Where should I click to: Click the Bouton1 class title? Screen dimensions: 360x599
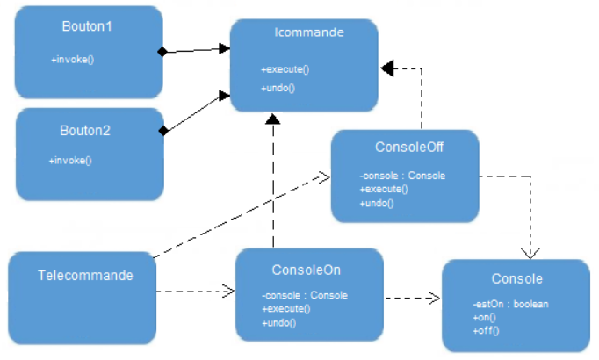coord(87,26)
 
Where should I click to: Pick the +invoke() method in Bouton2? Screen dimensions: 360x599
coord(71,160)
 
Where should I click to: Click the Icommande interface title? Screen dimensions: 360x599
coord(297,33)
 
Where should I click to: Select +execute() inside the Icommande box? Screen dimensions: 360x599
coord(285,69)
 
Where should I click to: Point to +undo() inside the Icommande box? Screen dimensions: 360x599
coord(278,88)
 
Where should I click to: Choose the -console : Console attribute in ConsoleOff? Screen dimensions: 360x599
coord(402,176)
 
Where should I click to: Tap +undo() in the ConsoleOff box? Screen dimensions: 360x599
coord(376,203)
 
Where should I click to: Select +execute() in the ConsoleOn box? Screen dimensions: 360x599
coord(286,308)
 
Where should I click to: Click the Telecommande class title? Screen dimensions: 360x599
coord(85,275)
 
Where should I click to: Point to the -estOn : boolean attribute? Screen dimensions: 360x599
coord(510,304)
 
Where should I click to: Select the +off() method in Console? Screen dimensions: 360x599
coord(485,330)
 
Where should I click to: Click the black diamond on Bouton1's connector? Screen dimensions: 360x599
coord(162,53)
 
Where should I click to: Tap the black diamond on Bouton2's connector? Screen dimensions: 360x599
coord(162,132)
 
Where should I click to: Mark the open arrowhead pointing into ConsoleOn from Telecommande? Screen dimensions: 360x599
coord(229,291)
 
